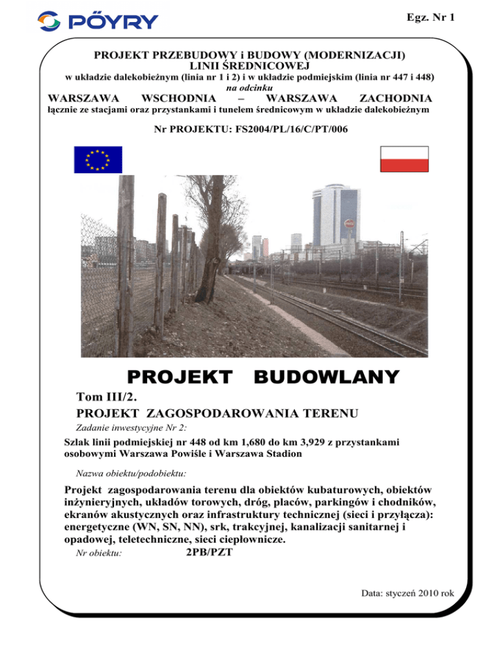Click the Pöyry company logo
click(98, 21)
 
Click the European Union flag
click(93, 160)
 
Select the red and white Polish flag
click(404, 159)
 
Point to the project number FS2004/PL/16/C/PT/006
click(251, 130)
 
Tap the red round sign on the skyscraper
click(348, 225)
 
